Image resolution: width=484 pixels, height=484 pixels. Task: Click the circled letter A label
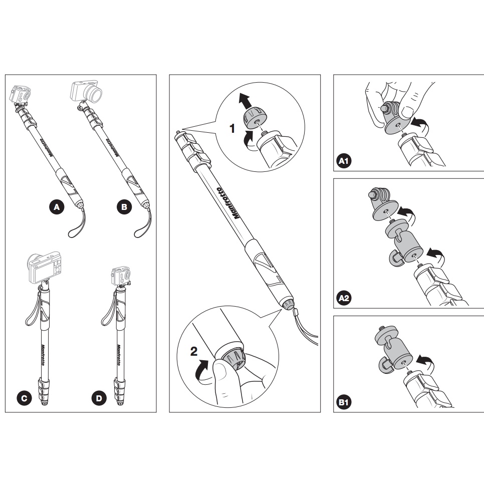click(x=57, y=207)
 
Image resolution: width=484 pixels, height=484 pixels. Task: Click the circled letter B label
click(x=124, y=207)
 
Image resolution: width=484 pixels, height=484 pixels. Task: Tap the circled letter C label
click(x=24, y=398)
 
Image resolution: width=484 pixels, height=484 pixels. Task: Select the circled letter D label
click(x=99, y=398)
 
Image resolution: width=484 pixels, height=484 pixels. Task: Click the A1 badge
click(x=344, y=161)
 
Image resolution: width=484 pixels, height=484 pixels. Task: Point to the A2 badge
click(x=344, y=298)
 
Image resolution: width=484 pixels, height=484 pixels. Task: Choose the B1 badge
click(x=344, y=402)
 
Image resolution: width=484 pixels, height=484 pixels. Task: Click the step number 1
click(x=232, y=128)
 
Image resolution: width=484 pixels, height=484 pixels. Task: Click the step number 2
click(x=194, y=351)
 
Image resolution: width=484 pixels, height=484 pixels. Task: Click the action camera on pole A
click(x=20, y=94)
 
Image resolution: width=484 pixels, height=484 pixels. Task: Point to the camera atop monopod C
click(x=44, y=267)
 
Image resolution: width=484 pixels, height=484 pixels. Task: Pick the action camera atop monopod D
click(x=121, y=276)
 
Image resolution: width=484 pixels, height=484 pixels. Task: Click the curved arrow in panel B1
click(x=425, y=362)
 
